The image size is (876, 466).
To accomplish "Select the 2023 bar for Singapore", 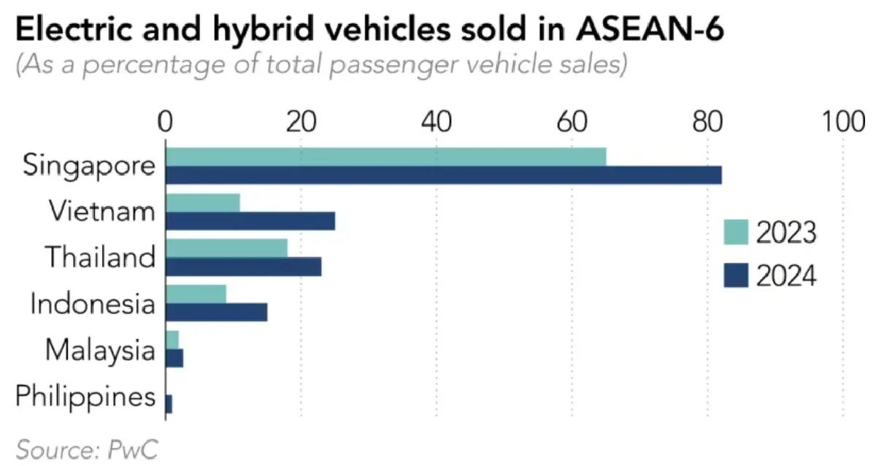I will [386, 156].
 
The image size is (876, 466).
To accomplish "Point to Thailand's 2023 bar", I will [227, 248].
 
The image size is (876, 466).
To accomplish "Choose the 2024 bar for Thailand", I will [244, 267].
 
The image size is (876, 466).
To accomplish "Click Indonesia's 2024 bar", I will [217, 312].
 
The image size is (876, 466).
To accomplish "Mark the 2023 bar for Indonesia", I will [196, 294].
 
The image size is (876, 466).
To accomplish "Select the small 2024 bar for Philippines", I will [169, 404].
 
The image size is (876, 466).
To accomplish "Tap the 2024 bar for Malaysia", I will [174, 358].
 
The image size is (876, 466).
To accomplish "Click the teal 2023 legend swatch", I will [736, 233].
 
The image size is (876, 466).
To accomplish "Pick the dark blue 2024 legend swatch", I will [736, 275].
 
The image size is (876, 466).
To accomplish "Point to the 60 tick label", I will [572, 122].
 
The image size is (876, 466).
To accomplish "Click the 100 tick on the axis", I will [842, 122].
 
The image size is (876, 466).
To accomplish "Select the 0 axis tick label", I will [166, 122].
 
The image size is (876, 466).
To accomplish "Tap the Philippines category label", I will [85, 398].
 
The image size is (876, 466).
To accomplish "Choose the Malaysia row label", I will [100, 351].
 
